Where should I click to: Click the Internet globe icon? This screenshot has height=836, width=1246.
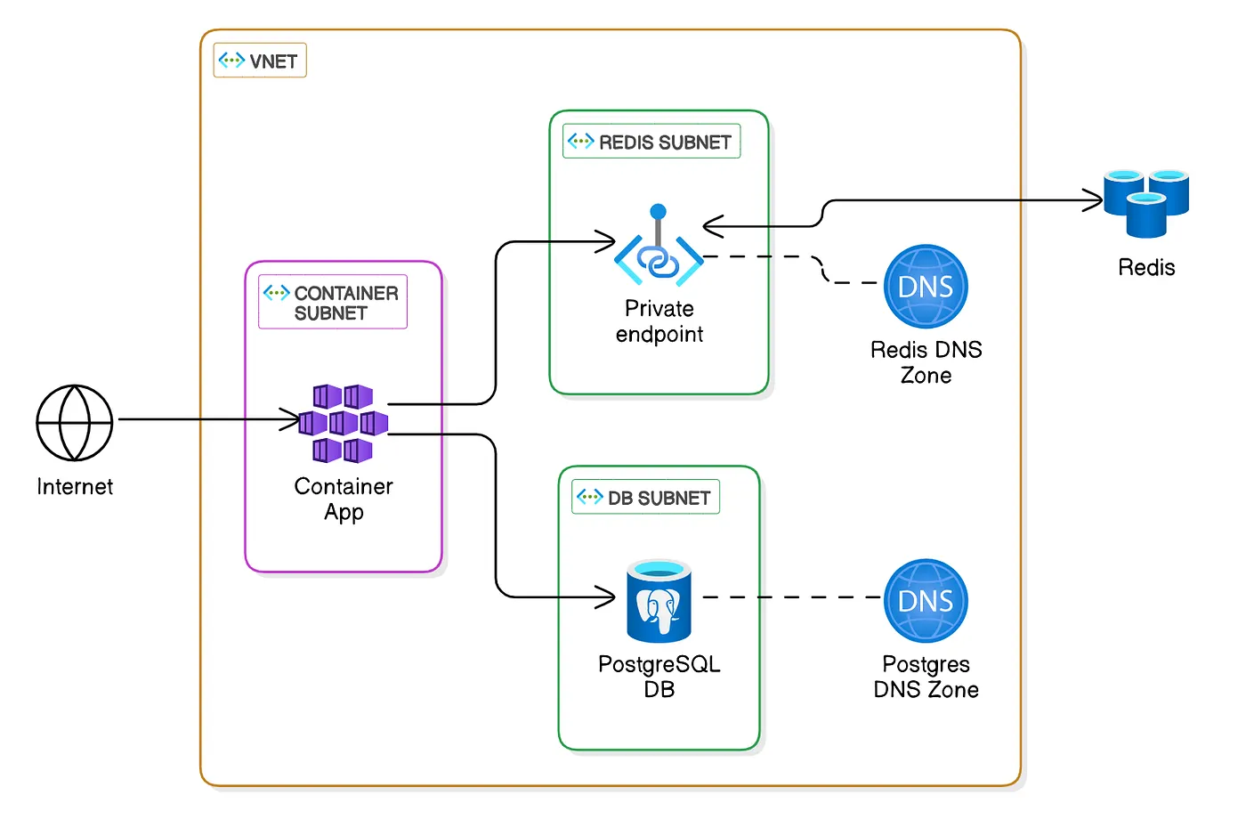point(75,423)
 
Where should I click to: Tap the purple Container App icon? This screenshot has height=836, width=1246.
point(344,424)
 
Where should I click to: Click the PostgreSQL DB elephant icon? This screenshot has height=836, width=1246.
point(659,601)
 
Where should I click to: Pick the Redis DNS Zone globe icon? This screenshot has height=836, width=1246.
point(926,287)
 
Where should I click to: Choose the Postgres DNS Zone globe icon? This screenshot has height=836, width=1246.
point(926,601)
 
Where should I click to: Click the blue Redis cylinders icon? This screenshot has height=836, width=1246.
point(1146,203)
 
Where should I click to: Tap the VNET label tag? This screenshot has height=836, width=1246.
point(260,61)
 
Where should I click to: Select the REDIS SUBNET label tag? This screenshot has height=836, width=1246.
point(651,142)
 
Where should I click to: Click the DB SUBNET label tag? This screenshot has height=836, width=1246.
point(645,497)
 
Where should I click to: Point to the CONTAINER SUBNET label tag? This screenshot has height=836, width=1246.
point(333,303)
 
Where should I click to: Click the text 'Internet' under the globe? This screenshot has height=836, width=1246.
point(75,487)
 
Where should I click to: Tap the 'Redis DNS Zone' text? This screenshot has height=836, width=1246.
point(926,362)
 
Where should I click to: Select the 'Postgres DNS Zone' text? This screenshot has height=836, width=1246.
point(926,677)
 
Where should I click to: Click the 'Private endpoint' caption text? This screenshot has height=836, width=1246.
point(659,321)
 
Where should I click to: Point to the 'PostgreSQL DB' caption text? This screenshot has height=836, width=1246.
point(659,677)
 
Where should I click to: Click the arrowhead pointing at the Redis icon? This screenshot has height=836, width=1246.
point(1094,200)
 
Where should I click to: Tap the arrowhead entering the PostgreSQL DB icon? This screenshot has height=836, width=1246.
point(607,597)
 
